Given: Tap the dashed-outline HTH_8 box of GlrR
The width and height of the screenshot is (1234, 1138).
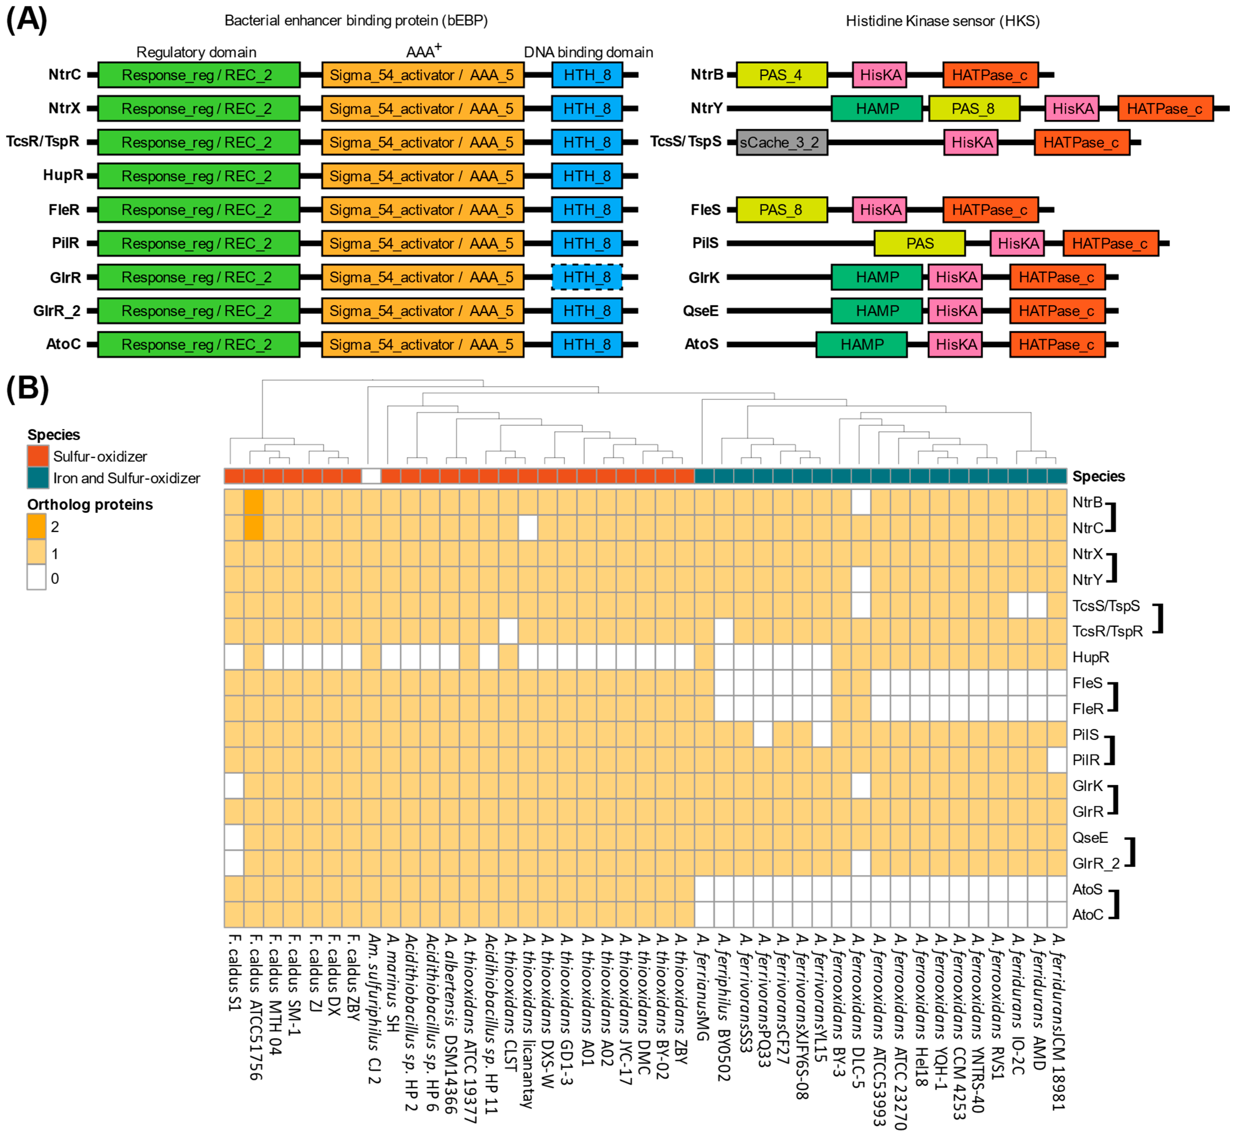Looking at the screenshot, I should [x=587, y=277].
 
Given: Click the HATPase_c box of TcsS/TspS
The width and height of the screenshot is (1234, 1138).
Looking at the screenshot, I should [x=1081, y=142].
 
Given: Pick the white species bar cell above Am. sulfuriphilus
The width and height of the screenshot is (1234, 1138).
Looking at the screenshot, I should [x=371, y=476].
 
